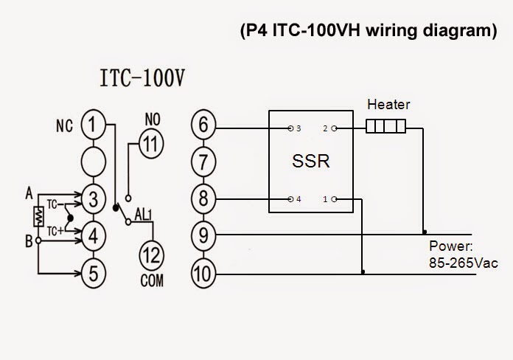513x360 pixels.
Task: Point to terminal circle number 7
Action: click(x=203, y=161)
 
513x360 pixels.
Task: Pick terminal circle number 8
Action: click(x=203, y=198)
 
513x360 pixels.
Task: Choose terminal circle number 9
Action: click(x=203, y=235)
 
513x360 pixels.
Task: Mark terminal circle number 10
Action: click(x=203, y=272)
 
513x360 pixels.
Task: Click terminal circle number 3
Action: click(x=92, y=198)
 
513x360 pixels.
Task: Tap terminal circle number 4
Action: click(x=92, y=235)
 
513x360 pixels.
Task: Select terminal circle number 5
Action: click(x=92, y=272)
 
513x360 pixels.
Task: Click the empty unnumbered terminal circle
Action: click(x=92, y=161)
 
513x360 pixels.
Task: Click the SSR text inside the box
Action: click(x=311, y=162)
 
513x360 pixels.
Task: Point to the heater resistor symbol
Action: click(x=386, y=128)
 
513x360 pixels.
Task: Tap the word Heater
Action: click(x=388, y=105)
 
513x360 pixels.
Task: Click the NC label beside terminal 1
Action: click(x=64, y=126)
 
